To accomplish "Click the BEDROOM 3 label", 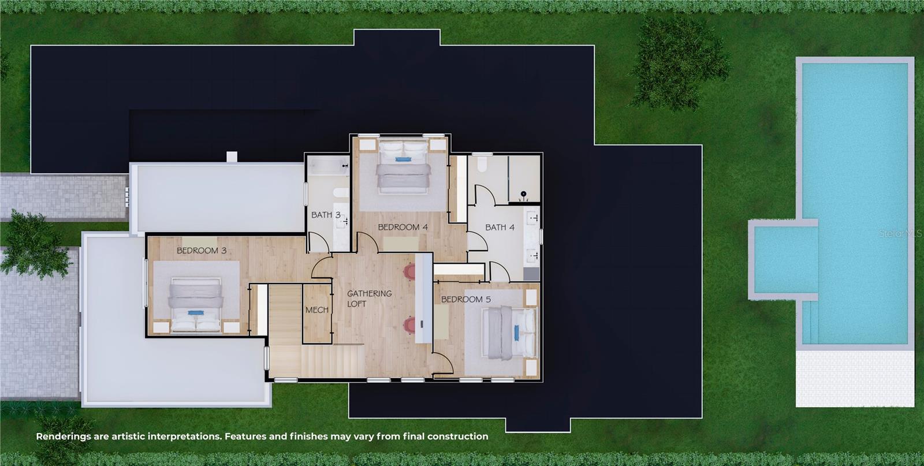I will pos(201,251).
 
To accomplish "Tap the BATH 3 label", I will pos(326,215).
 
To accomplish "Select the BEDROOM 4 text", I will pos(403,227).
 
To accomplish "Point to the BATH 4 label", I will pos(500,227).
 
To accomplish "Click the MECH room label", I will pos(316,310).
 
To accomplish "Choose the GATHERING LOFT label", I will pos(368,299).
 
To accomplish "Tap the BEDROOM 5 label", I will pos(465,299).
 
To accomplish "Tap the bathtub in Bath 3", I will pos(329,167).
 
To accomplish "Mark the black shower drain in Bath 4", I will pos(524,193).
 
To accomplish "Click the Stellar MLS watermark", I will pos(900,234).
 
